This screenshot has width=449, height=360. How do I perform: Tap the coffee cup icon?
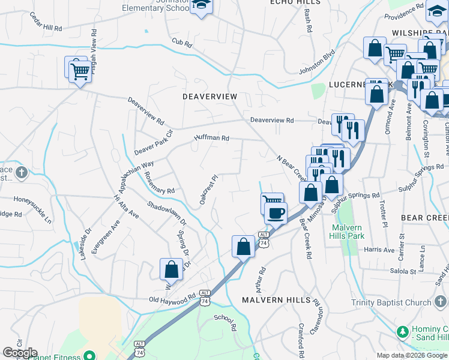pos(276,213)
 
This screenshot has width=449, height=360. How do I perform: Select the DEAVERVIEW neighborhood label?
pos(210,97)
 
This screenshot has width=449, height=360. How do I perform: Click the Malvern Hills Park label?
pos(346,232)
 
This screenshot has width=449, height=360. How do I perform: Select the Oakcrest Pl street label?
pos(208,190)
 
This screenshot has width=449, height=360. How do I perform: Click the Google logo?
pos(20,353)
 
